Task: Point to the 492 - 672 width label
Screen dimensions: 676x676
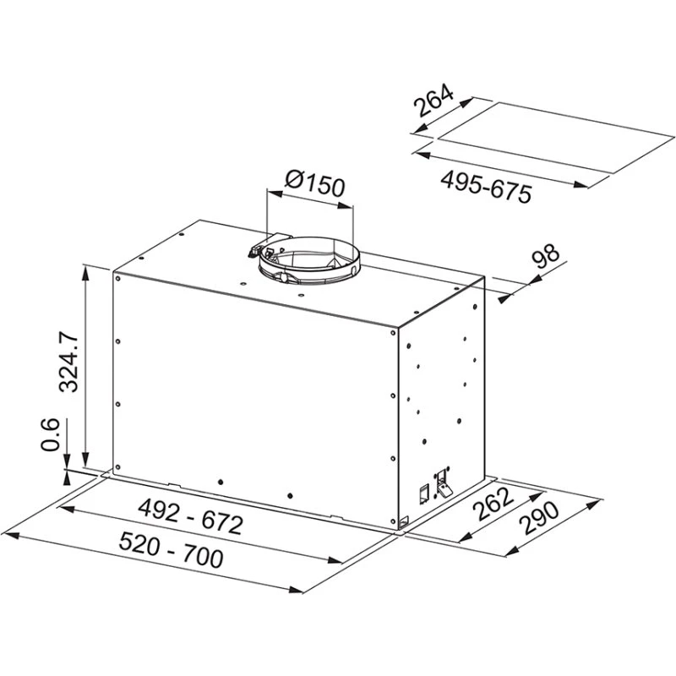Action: pos(190,517)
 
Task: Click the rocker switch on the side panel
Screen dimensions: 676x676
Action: pos(421,494)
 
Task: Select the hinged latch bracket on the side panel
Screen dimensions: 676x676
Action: pos(442,482)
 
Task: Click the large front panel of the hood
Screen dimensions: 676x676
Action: pos(253,389)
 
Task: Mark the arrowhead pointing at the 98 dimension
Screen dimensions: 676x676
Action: pos(506,296)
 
